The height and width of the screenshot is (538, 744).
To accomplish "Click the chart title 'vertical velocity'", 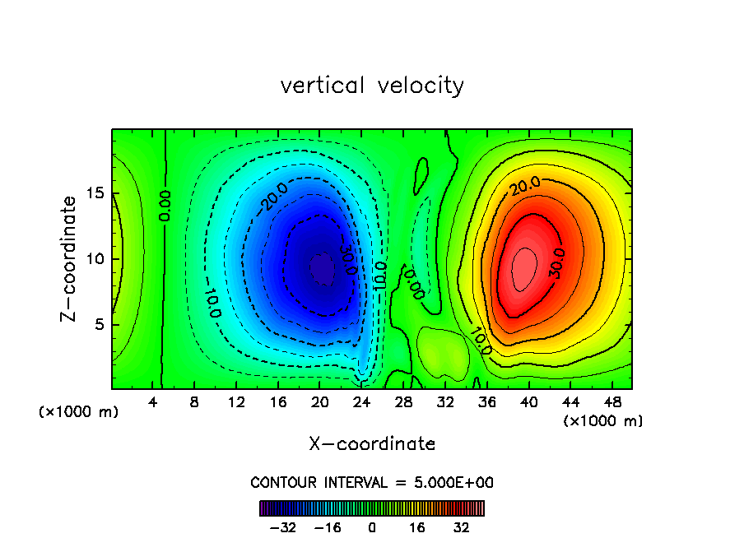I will (x=372, y=86).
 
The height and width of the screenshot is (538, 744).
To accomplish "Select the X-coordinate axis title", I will (x=372, y=444).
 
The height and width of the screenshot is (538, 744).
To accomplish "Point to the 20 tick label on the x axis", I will (x=319, y=403).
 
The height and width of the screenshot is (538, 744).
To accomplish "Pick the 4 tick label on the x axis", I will (x=153, y=403).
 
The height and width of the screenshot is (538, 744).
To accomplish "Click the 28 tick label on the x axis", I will (x=402, y=403).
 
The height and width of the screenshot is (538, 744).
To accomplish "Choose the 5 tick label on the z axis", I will (x=99, y=324).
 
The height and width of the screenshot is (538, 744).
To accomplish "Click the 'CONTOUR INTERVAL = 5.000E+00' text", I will (x=372, y=483).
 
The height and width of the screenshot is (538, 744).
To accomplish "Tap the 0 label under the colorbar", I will (x=372, y=527).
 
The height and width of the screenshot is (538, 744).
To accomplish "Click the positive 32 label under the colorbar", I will (x=461, y=527).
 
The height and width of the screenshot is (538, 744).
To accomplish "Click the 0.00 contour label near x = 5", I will (x=165, y=205).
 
